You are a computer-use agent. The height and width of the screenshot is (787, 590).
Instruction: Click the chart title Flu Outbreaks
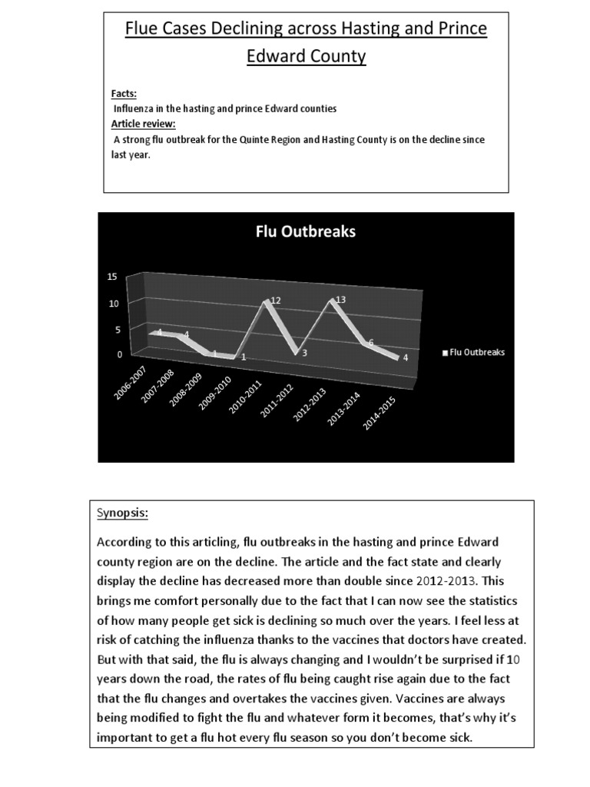click(x=305, y=231)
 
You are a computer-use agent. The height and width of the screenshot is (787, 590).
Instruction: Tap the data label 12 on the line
click(x=275, y=302)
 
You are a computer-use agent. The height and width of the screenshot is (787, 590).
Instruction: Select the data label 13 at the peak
click(x=341, y=300)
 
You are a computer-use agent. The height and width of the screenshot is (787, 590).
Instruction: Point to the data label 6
click(x=370, y=344)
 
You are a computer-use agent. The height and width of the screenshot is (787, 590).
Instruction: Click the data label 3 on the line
click(x=305, y=353)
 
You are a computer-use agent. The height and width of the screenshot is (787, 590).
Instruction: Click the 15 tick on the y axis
click(x=111, y=277)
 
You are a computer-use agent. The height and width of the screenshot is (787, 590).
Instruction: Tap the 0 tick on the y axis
click(x=120, y=354)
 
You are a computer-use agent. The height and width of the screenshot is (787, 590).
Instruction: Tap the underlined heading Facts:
click(x=124, y=94)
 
